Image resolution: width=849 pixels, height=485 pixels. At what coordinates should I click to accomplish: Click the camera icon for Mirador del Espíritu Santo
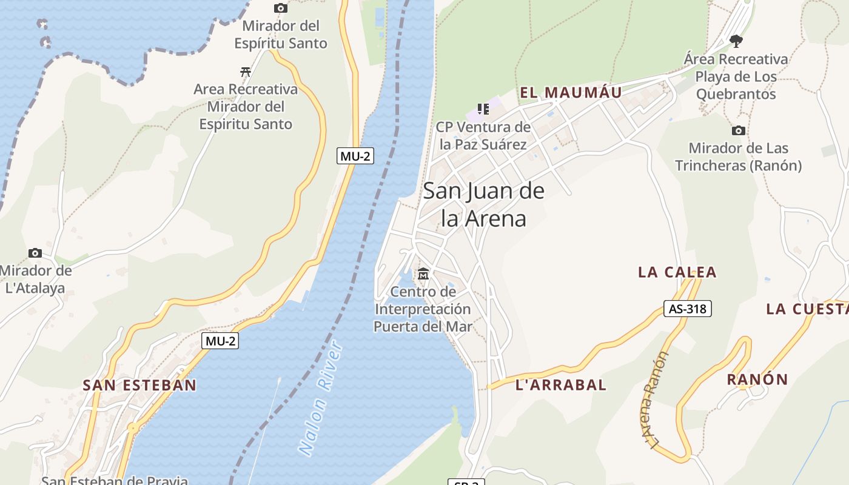(280, 8)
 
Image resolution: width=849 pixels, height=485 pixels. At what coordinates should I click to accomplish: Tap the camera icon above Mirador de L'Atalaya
(35, 253)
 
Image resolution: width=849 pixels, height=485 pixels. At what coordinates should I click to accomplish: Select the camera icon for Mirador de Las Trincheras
(738, 130)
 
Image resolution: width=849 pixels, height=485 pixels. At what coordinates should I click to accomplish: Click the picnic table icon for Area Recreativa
(246, 72)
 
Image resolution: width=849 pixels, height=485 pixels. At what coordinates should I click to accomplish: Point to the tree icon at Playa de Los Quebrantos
(736, 41)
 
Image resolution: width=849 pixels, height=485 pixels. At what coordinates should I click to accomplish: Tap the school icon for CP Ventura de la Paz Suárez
(483, 109)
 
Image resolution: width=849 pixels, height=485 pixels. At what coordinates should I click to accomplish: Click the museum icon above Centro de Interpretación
(423, 274)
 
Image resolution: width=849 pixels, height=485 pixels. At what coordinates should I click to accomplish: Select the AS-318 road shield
(687, 309)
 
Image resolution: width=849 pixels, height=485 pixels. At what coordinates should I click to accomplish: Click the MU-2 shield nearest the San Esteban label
(220, 341)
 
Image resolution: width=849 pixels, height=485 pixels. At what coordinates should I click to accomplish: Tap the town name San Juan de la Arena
(483, 204)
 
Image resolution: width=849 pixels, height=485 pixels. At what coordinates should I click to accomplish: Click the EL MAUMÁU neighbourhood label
(571, 93)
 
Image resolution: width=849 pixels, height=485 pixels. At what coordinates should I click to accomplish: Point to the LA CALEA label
(677, 272)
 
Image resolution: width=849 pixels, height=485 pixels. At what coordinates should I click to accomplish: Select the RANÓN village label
(757, 380)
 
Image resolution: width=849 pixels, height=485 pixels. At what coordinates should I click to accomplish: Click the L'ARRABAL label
(560, 384)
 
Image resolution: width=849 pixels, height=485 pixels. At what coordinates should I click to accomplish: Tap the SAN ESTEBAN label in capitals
(139, 385)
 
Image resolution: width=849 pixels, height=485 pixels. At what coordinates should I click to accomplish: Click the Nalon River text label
(321, 400)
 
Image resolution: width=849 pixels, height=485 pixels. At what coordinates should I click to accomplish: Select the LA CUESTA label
(807, 309)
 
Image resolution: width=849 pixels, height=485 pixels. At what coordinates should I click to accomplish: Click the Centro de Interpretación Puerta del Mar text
(423, 309)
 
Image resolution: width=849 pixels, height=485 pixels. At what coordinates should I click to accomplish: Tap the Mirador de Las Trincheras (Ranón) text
(738, 156)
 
